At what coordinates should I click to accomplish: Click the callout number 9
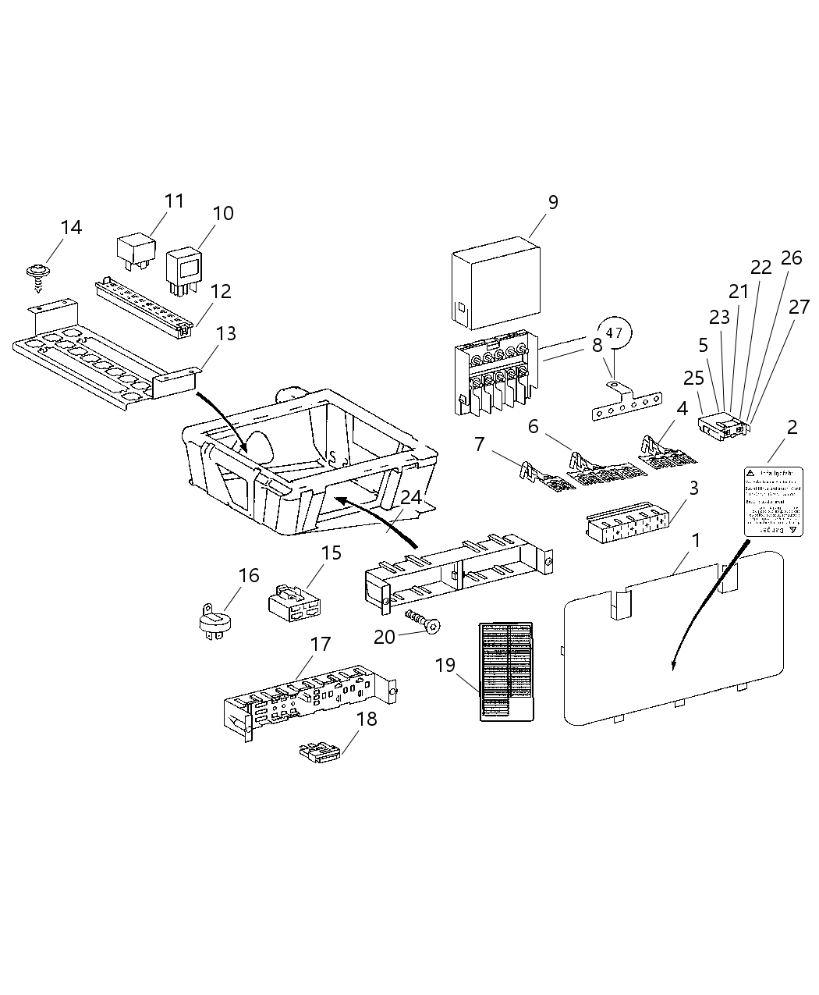[553, 202]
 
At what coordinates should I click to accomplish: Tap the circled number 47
[614, 333]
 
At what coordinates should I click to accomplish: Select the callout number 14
[70, 228]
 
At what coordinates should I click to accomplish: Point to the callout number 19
[445, 666]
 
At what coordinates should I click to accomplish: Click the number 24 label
[412, 497]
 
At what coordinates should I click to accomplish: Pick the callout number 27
[799, 307]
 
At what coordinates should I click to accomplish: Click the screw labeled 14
[36, 274]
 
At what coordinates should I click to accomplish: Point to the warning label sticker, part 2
[773, 501]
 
